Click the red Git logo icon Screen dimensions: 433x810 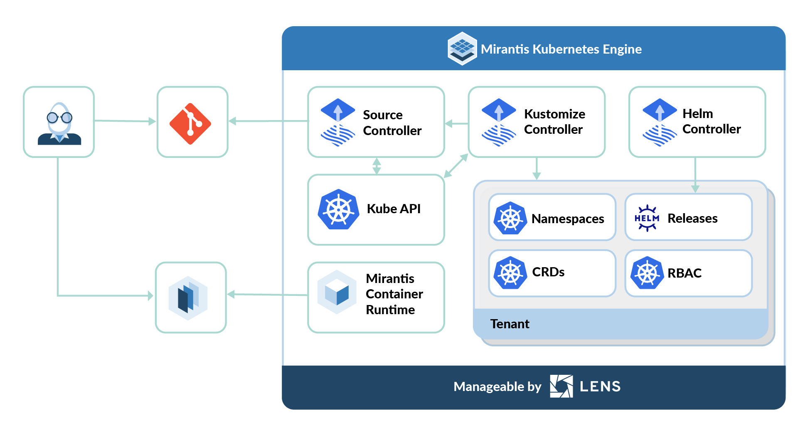click(190, 123)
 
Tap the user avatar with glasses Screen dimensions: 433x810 click(59, 123)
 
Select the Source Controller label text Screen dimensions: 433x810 click(391, 123)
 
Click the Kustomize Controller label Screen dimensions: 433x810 click(554, 122)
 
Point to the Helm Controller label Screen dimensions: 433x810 click(711, 121)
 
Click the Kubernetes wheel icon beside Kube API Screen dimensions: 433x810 click(338, 209)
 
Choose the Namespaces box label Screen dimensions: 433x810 click(567, 219)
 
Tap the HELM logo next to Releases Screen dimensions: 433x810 click(647, 218)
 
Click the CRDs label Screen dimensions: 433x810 click(548, 272)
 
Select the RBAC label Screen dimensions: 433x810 click(684, 273)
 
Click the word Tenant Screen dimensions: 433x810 click(510, 324)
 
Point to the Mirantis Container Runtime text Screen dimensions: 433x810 click(394, 294)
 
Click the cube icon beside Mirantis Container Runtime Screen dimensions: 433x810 click(337, 293)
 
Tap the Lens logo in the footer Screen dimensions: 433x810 click(561, 386)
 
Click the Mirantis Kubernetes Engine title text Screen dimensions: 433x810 click(561, 49)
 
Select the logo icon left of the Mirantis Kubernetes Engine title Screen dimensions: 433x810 click(462, 49)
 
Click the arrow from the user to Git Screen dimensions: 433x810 click(125, 121)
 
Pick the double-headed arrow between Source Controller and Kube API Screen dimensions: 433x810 click(377, 166)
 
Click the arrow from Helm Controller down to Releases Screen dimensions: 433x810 click(695, 175)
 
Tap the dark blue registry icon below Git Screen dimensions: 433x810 click(188, 298)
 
